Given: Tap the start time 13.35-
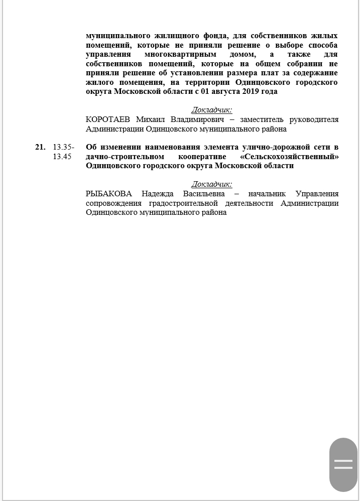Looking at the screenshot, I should pyautogui.click(x=64, y=147).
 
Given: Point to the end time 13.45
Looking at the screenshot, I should pyautogui.click(x=62, y=157).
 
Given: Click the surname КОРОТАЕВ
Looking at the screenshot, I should pyautogui.click(x=108, y=119).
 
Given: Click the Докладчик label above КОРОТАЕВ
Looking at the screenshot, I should pyautogui.click(x=212, y=110).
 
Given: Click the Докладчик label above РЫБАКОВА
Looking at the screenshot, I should pyautogui.click(x=212, y=184).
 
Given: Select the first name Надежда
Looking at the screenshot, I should pyautogui.click(x=159, y=194).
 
